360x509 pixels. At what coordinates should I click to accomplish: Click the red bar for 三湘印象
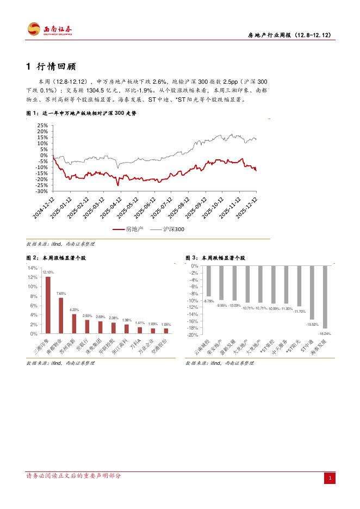pyautogui.click(x=48, y=305)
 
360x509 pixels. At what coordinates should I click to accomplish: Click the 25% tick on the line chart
pyautogui.click(x=41, y=126)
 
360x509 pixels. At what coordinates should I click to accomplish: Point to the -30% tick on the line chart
pyautogui.click(x=41, y=191)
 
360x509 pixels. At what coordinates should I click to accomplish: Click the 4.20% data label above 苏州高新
pyautogui.click(x=74, y=310)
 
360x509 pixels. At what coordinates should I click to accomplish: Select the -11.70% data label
pyautogui.click(x=299, y=312)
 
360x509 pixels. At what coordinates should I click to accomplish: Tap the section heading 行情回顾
pyautogui.click(x=53, y=67)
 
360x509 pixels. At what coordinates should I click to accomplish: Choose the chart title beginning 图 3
pyautogui.click(x=215, y=258)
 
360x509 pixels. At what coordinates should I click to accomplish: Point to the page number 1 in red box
pyautogui.click(x=329, y=478)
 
